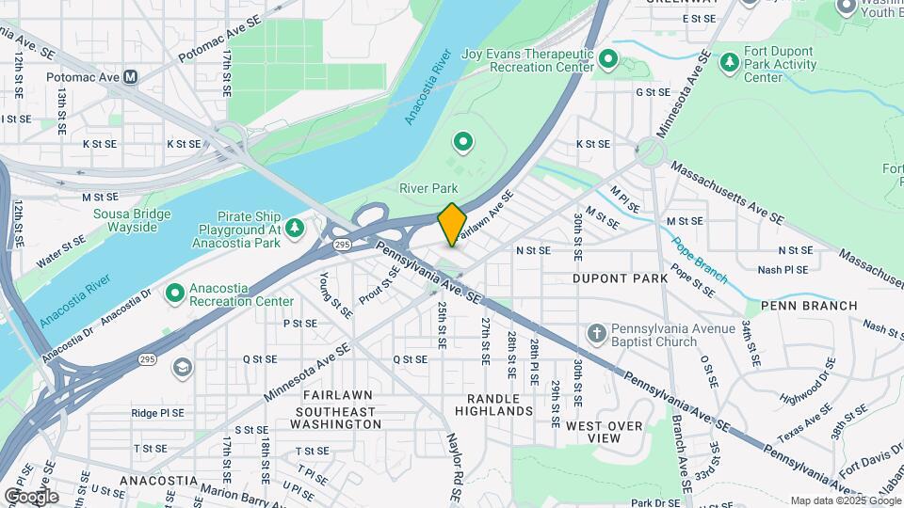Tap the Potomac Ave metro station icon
coord(130,76)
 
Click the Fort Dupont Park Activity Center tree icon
coord(729,62)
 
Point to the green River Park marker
coord(462,143)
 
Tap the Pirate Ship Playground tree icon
coord(295,227)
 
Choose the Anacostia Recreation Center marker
coord(174,294)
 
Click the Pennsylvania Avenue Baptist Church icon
coord(595,333)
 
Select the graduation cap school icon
coord(182,367)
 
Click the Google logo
coord(31,496)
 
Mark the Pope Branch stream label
coord(699,260)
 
